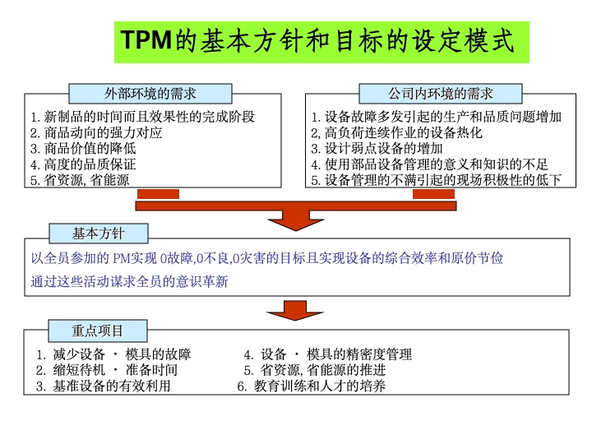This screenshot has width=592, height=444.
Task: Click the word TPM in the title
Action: coord(147,41)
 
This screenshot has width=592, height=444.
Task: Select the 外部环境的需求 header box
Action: coord(150,94)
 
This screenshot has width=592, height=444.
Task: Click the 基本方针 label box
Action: coord(99,234)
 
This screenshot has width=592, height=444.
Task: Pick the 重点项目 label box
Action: coord(98,331)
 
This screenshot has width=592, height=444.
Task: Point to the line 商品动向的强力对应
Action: coord(97,132)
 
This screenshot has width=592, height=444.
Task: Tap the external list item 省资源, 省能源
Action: coord(80,179)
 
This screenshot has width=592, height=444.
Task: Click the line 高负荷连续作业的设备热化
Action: coord(396,132)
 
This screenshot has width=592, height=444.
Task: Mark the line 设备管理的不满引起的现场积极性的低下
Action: coord(436,179)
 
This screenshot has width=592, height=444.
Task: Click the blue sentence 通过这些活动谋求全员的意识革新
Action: coord(130,281)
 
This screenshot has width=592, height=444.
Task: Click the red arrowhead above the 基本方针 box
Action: coord(297,217)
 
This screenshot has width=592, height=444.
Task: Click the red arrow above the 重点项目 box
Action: coord(297,311)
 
